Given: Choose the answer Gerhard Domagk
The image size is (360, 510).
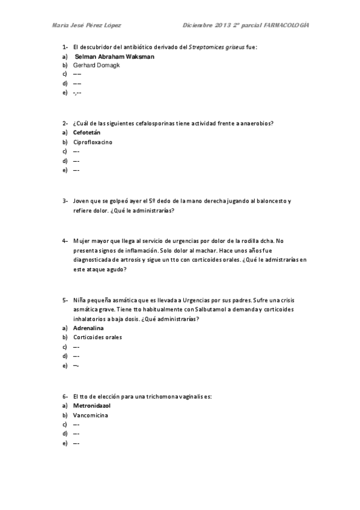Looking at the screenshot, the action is click(96, 65).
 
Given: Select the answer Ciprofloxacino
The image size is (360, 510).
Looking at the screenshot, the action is click(93, 142).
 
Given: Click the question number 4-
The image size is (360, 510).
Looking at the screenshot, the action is click(64, 240).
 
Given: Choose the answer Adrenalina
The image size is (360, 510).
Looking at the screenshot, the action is click(89, 328).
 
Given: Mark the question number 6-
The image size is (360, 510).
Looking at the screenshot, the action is click(64, 396).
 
